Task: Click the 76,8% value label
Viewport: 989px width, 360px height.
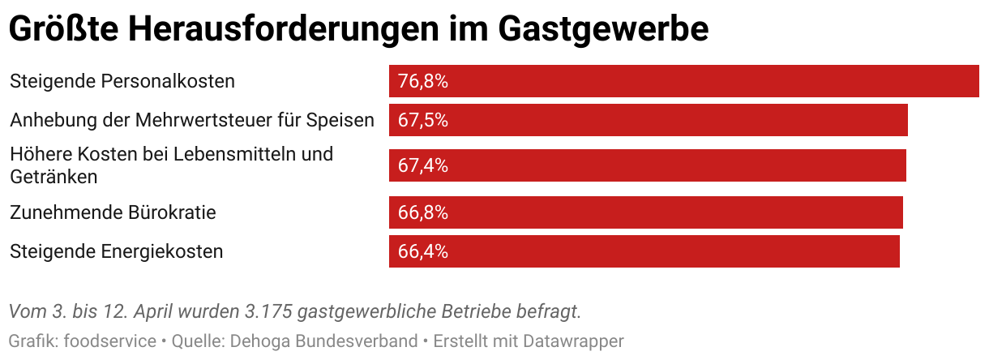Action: pos(423,81)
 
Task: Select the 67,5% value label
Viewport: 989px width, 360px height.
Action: pos(423,120)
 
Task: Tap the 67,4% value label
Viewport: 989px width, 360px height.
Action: pos(423,165)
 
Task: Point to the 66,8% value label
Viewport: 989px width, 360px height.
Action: pos(423,212)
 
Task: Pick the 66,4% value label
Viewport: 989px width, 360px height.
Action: pos(423,251)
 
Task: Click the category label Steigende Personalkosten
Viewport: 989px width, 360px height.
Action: pos(122,81)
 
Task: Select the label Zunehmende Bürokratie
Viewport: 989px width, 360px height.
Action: pos(113,212)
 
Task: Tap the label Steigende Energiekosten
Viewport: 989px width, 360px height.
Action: pos(116,251)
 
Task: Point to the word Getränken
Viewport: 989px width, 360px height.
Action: pos(54,176)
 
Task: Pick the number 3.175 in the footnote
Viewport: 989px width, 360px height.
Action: pos(268,311)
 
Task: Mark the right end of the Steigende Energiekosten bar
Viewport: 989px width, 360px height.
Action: pos(899,251)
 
